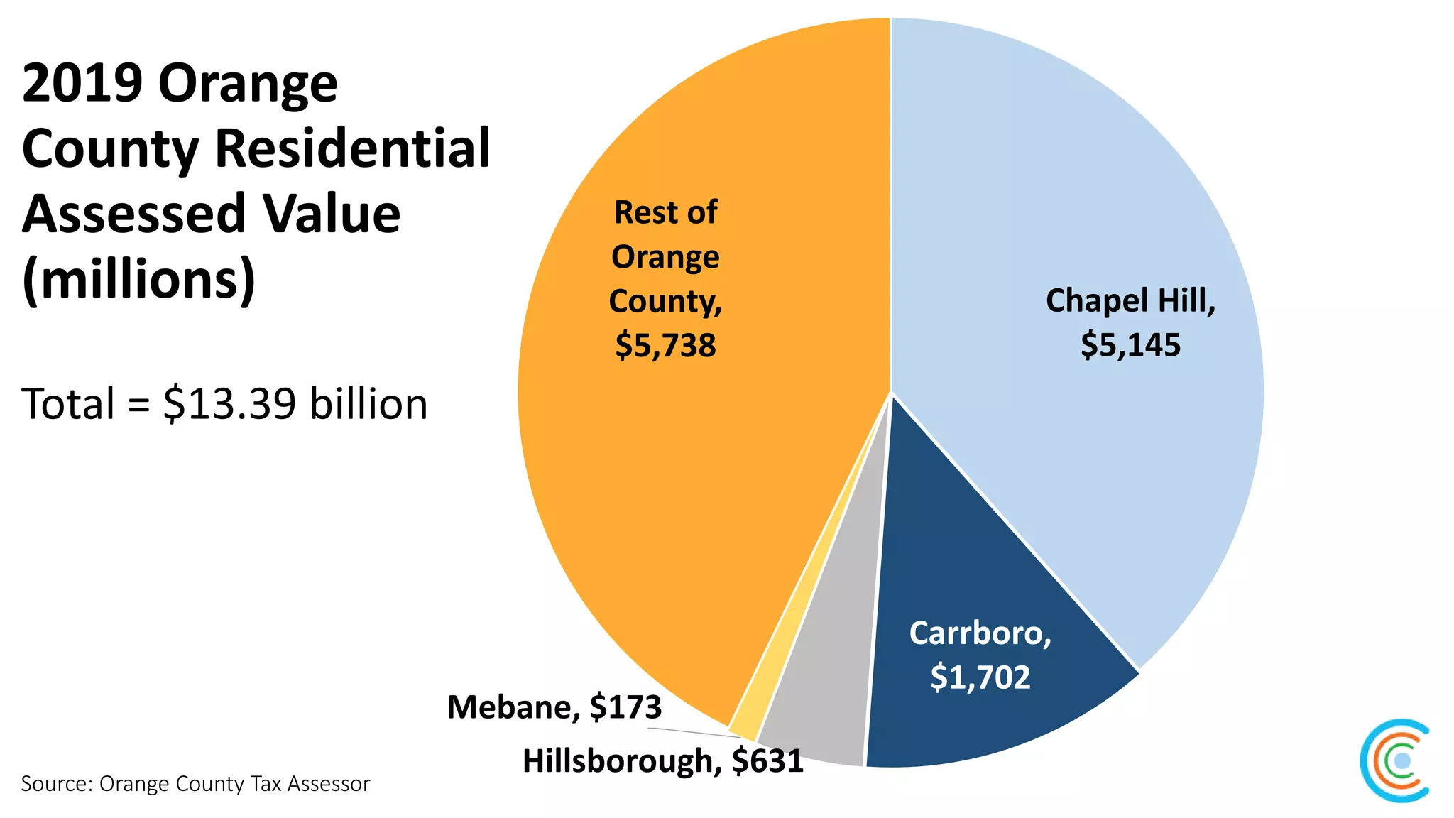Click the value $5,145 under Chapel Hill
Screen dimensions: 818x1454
coord(1130,345)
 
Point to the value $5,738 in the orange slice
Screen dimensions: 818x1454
coord(665,346)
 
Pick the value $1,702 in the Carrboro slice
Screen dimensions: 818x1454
coord(980,677)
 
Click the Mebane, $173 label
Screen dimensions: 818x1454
coord(554,707)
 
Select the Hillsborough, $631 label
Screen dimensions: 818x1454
coord(662,761)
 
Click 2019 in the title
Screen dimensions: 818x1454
coord(82,83)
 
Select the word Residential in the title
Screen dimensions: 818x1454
coord(352,148)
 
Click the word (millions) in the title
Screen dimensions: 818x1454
coord(138,279)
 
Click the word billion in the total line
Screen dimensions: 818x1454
coord(368,404)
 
